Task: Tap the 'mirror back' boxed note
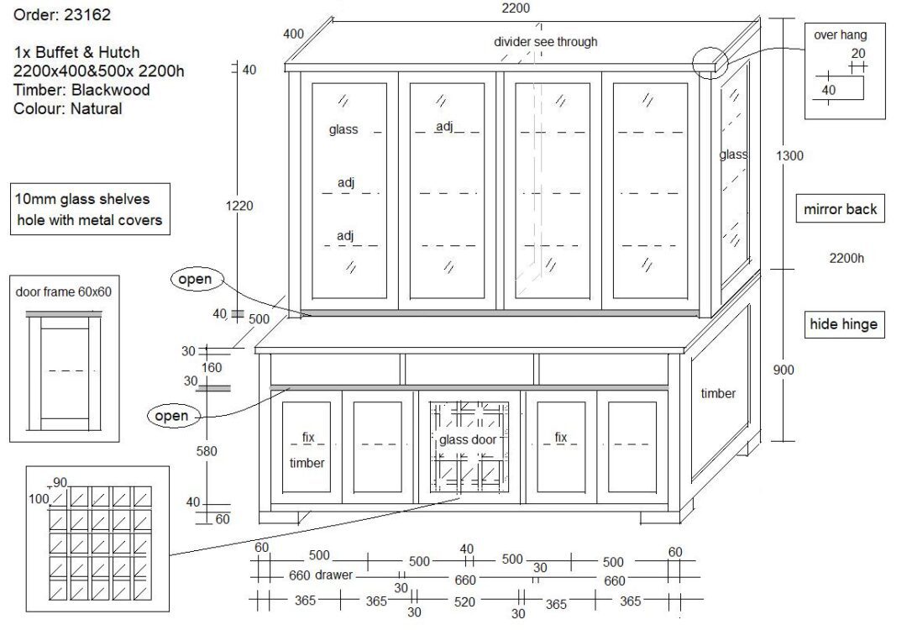(x=839, y=209)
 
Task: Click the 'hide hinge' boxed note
(x=842, y=324)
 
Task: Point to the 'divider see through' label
(x=545, y=42)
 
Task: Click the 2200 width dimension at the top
(x=515, y=8)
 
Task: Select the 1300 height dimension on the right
(x=789, y=155)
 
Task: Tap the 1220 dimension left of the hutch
(x=239, y=206)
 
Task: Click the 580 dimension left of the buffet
(x=206, y=451)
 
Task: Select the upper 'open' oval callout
(x=195, y=279)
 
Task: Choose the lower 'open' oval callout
(x=171, y=416)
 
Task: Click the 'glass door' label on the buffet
(x=468, y=440)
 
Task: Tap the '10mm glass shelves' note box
(x=91, y=210)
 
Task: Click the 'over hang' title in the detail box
(x=840, y=35)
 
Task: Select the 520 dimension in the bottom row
(x=464, y=601)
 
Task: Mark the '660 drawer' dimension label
(x=322, y=576)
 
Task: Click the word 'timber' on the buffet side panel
(x=718, y=393)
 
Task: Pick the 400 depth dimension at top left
(x=294, y=34)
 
